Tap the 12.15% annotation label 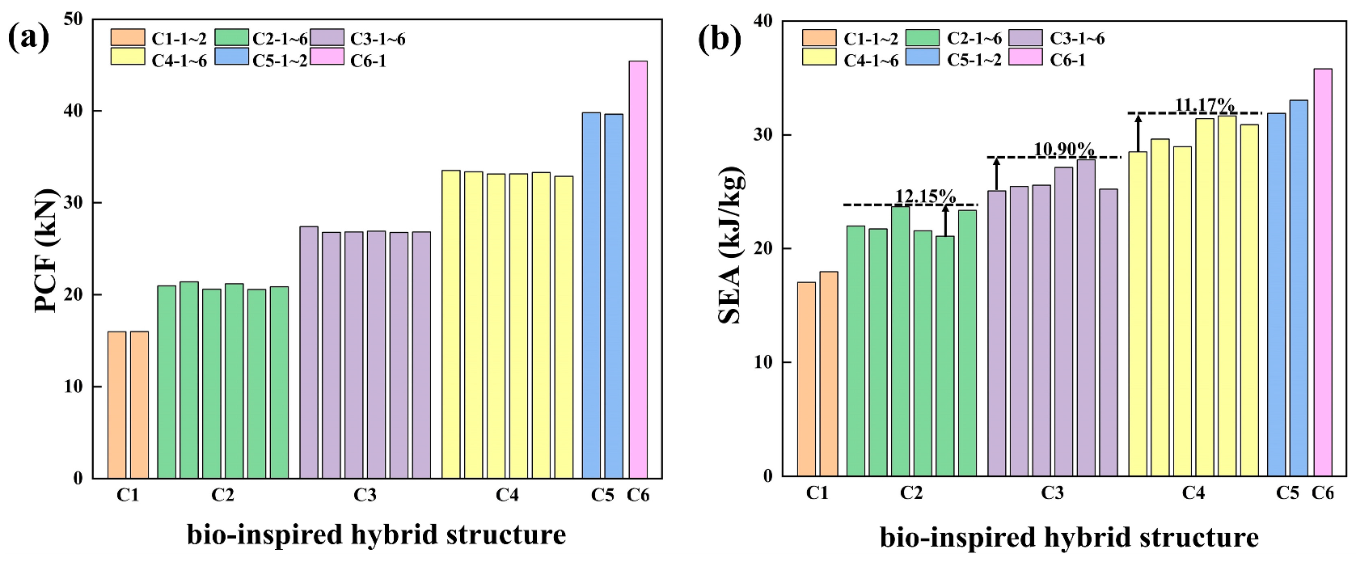pyautogui.click(x=925, y=196)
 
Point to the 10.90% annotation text pyautogui.click(x=1064, y=150)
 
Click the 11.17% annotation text pyautogui.click(x=1204, y=106)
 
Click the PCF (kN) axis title pyautogui.click(x=47, y=251)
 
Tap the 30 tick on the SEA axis pyautogui.click(x=763, y=135)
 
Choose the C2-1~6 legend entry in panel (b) pyautogui.click(x=954, y=38)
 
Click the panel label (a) pyautogui.click(x=28, y=38)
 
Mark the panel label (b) pyautogui.click(x=719, y=38)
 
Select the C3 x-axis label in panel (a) pyautogui.click(x=365, y=495)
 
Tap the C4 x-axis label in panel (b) pyautogui.click(x=1193, y=493)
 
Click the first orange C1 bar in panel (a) pyautogui.click(x=116, y=404)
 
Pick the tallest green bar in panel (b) pyautogui.click(x=900, y=340)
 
